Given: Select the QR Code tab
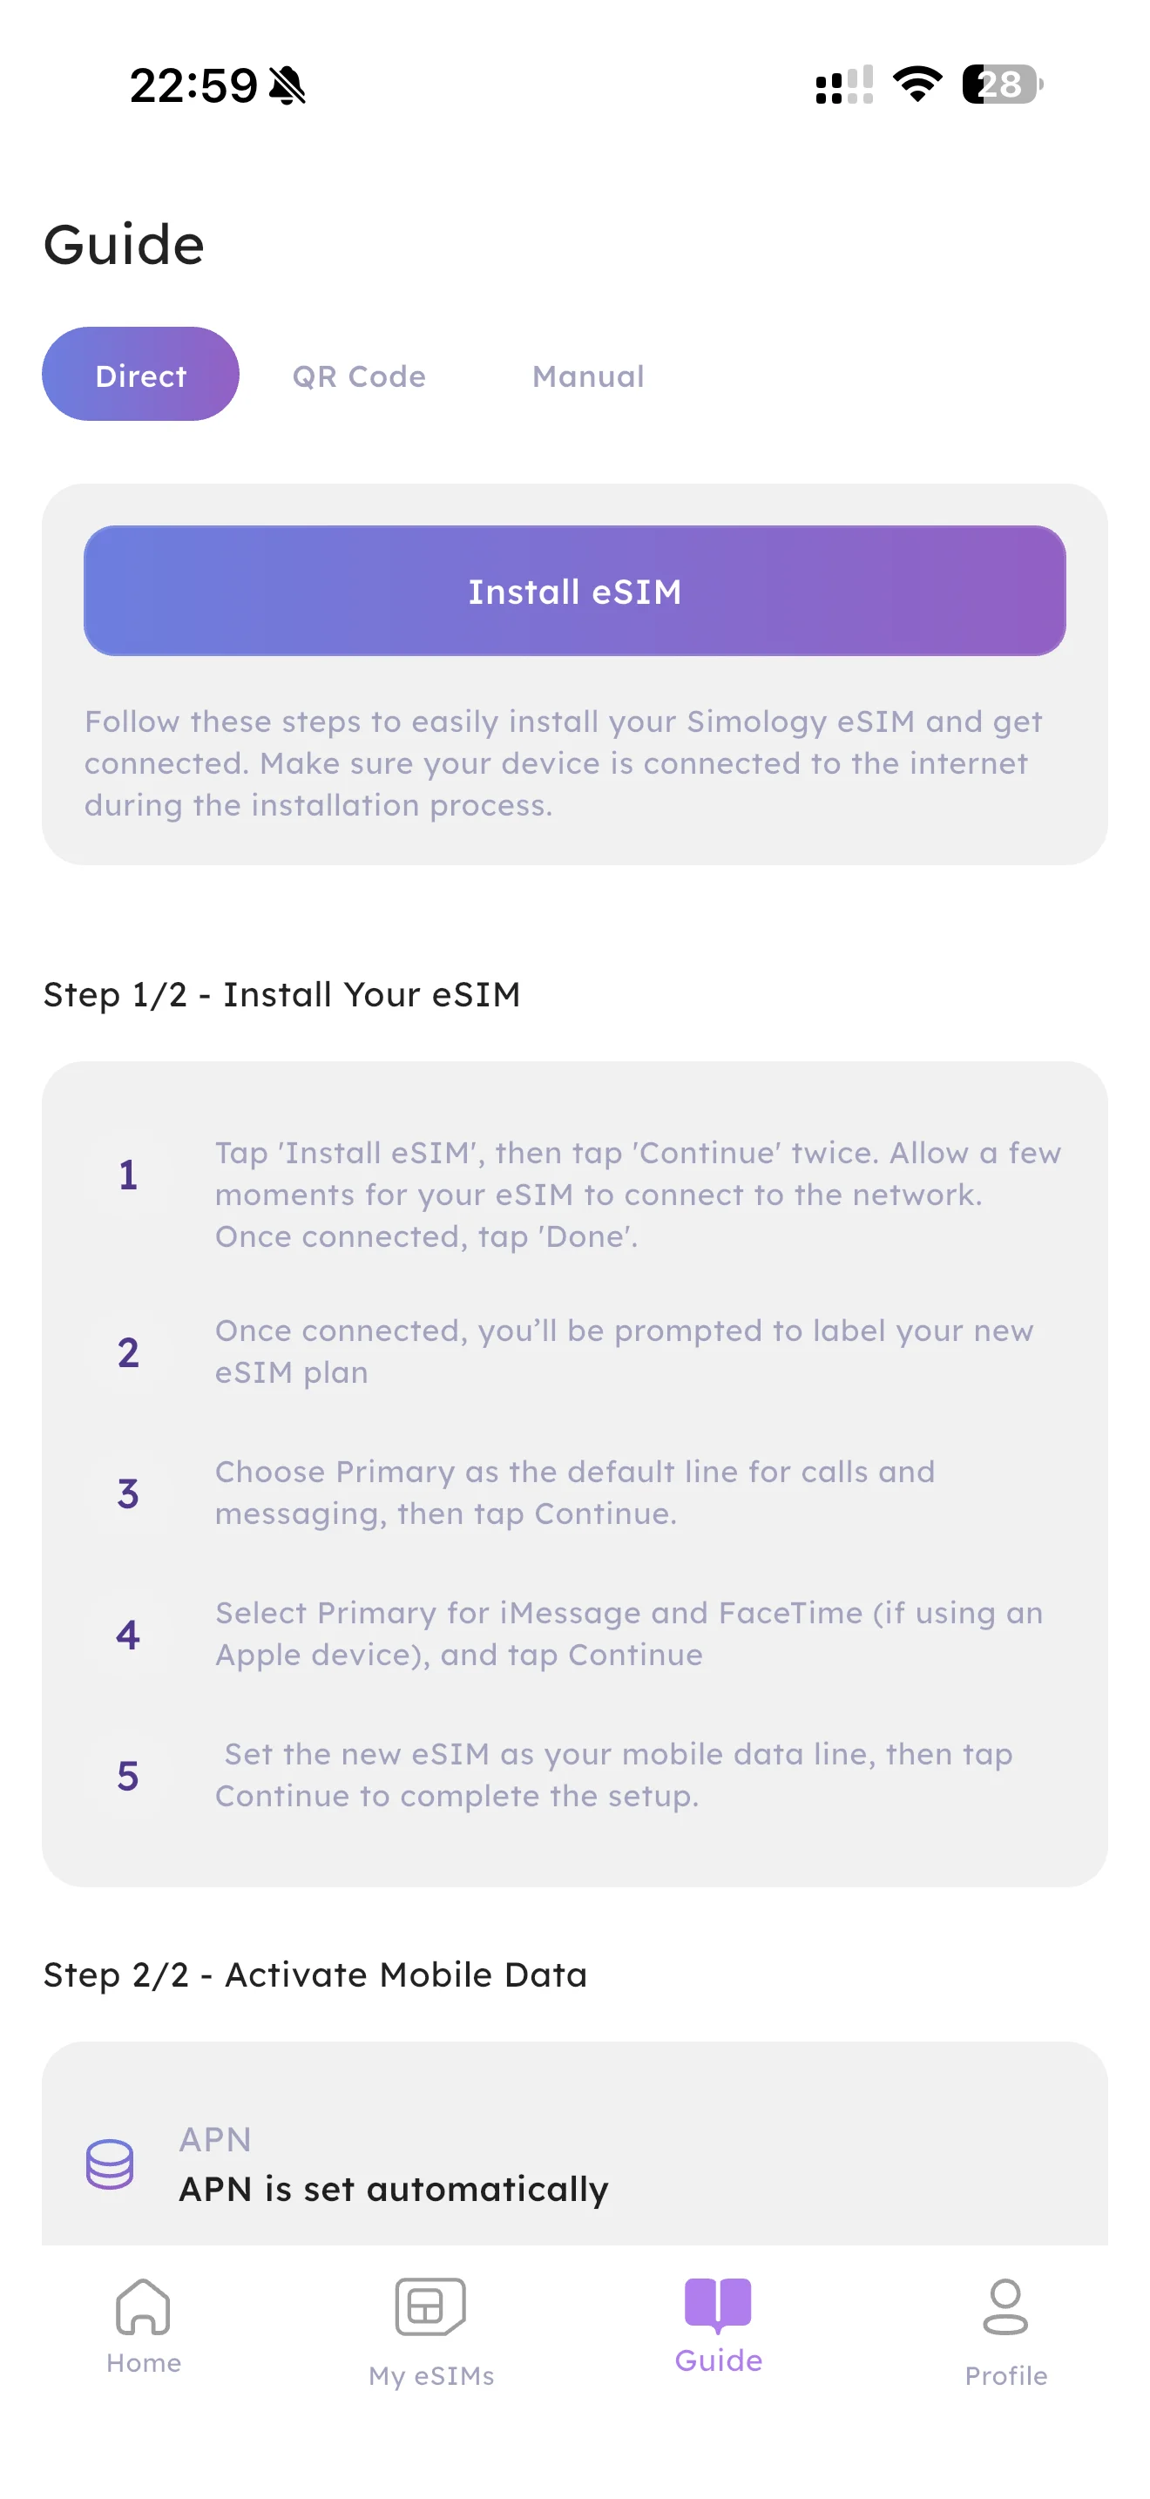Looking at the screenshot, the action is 359,376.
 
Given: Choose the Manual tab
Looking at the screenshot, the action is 587,376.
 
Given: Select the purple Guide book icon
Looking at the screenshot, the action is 718,2304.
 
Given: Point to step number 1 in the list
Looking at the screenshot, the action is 128,1175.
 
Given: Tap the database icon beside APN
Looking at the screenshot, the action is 110,2164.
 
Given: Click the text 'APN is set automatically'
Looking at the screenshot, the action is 394,2189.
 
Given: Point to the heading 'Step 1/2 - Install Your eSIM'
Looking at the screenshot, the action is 282,994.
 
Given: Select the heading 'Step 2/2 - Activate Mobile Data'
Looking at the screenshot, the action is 315,1974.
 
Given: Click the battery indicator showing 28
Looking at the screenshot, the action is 1003,85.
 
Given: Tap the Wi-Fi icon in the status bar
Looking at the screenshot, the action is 917,85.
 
